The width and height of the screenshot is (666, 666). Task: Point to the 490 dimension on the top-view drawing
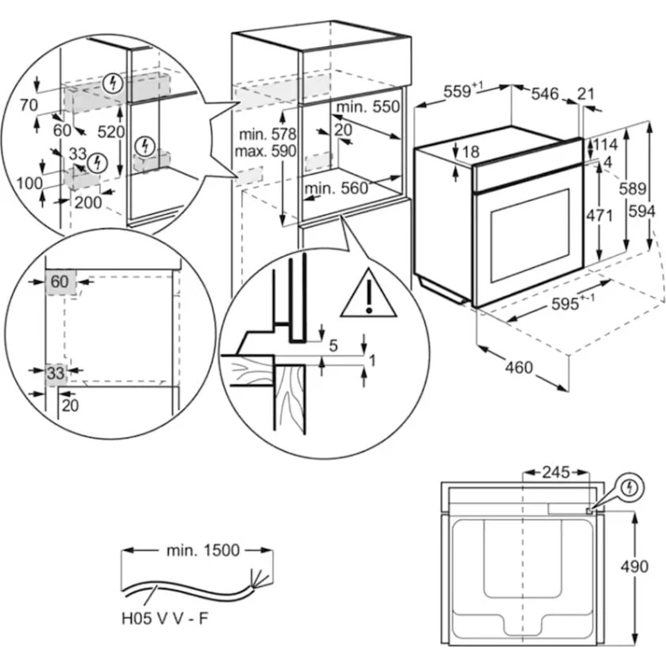click(x=635, y=566)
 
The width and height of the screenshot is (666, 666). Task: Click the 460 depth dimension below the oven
click(x=521, y=367)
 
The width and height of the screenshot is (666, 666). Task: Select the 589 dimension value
click(x=633, y=190)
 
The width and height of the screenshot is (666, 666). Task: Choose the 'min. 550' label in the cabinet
click(x=369, y=108)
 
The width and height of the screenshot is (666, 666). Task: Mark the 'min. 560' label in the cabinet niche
click(x=336, y=189)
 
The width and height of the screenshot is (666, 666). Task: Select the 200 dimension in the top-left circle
click(x=87, y=202)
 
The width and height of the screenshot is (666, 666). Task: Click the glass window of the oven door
click(x=529, y=235)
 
